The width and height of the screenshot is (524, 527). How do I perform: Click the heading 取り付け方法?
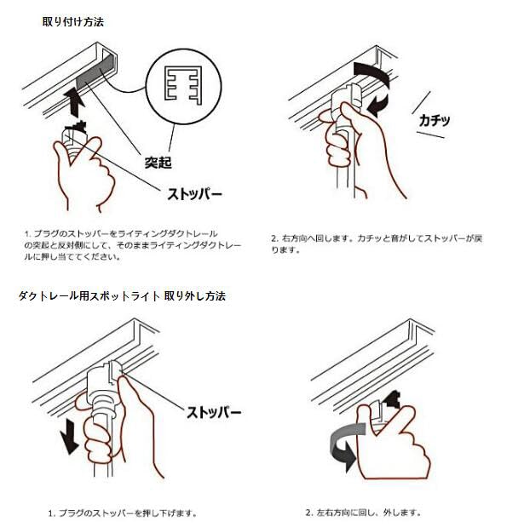73,22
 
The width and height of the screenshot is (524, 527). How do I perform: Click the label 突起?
158,163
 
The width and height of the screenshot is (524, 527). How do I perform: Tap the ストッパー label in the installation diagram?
194,194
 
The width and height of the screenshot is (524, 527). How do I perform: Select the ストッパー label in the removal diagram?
214,412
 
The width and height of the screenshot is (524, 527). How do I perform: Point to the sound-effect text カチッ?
435,120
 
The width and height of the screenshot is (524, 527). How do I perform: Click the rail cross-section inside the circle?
184,83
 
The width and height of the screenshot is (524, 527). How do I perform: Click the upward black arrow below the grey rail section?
75,101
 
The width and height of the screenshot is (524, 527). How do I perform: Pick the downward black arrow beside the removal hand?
70,436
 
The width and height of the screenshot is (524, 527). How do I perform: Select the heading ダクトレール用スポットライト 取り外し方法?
122,296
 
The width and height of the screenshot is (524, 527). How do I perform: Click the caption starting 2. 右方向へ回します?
377,244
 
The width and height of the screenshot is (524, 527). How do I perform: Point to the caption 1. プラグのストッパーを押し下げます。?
123,513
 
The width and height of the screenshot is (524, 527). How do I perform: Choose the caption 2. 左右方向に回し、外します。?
363,513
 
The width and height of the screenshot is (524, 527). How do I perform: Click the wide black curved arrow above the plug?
373,72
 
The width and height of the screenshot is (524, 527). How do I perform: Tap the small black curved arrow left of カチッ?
377,105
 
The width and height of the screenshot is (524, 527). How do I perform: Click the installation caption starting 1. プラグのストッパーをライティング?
133,245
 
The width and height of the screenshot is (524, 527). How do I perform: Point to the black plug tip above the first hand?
77,127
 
